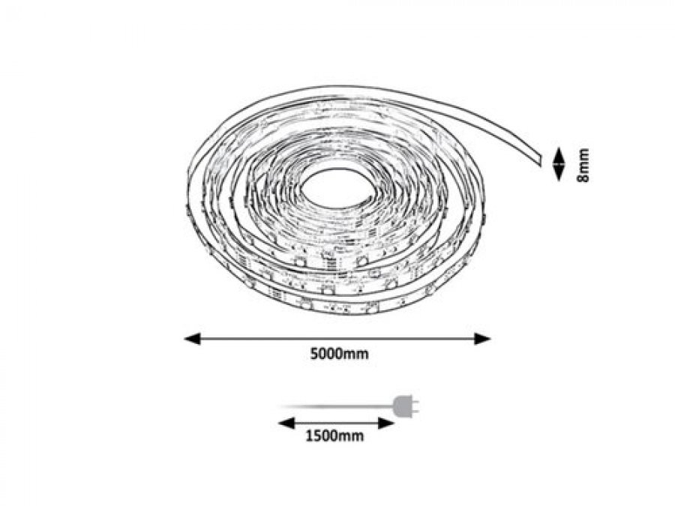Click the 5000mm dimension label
(x=340, y=354)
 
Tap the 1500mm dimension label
(x=335, y=436)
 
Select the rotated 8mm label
(x=583, y=165)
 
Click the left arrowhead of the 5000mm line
(x=193, y=339)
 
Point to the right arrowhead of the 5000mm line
(x=482, y=339)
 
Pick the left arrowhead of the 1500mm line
(x=286, y=423)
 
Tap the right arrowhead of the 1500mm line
(x=386, y=423)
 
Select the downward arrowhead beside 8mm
(x=558, y=173)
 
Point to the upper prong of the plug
(x=415, y=402)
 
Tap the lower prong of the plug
(x=415, y=411)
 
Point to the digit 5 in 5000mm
(x=314, y=354)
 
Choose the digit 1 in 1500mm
(x=309, y=436)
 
